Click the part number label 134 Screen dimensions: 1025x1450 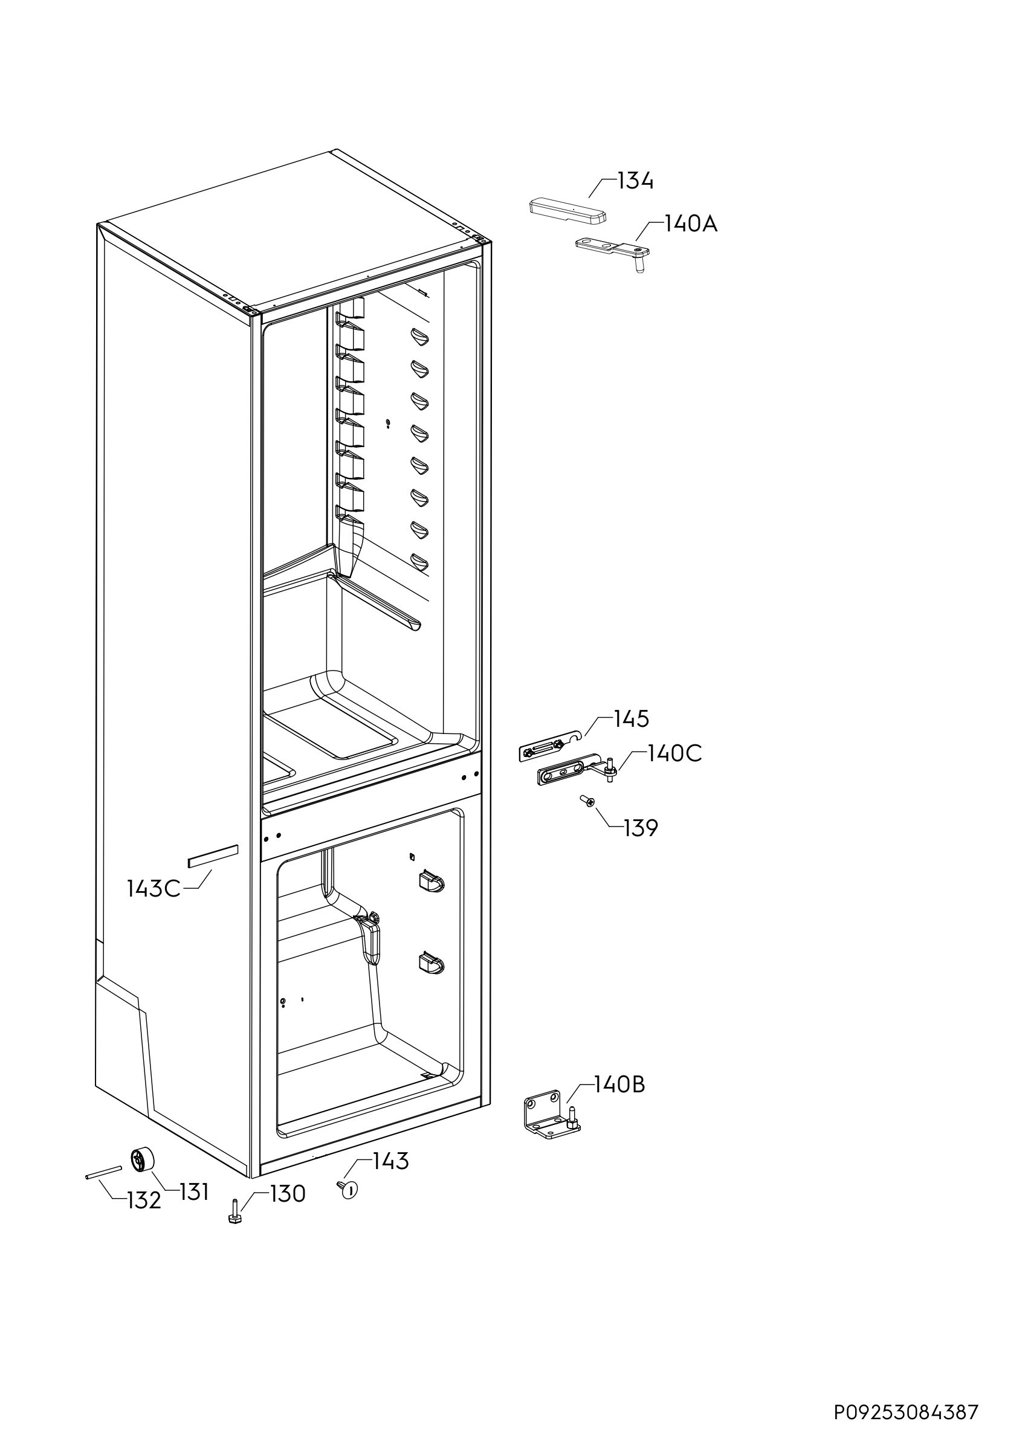pyautogui.click(x=635, y=181)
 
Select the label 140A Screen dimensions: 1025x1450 pyautogui.click(x=690, y=224)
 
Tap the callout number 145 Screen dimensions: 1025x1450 pyautogui.click(x=632, y=719)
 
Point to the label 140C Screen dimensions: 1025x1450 pyautogui.click(x=674, y=753)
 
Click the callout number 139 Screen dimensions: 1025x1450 pyautogui.click(x=641, y=828)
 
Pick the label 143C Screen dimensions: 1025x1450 pyautogui.click(x=154, y=889)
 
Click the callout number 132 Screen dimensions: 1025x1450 pyautogui.click(x=144, y=1200)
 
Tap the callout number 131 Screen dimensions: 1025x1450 pyautogui.click(x=194, y=1193)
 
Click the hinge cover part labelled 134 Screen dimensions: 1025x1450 pyautogui.click(x=567, y=210)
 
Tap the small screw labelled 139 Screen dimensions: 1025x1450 pyautogui.click(x=588, y=801)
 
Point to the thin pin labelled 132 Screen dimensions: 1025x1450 pyautogui.click(x=102, y=1172)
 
